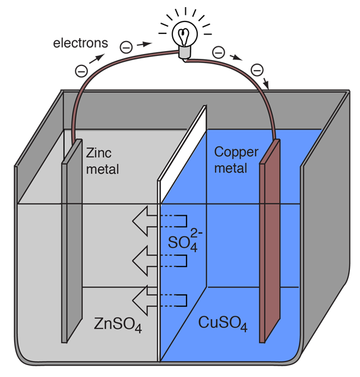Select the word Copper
(236, 152)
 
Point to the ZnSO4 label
(118, 325)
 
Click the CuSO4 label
(223, 325)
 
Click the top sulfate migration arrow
(144, 222)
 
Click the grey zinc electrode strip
(71, 250)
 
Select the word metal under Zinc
(102, 169)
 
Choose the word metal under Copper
(230, 168)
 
